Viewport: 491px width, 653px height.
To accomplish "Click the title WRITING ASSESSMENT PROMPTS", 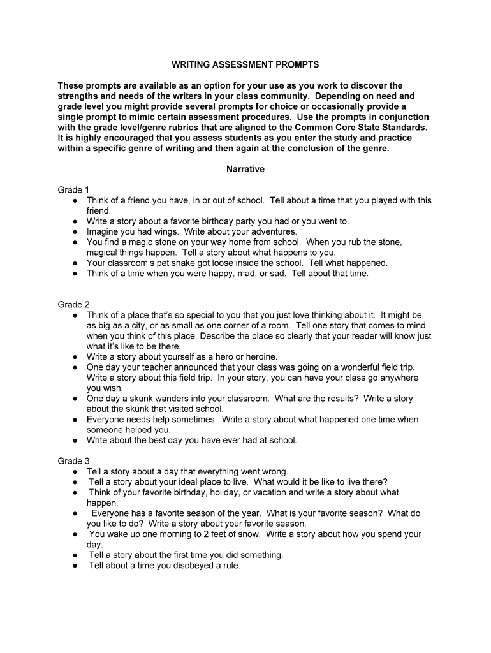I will (x=246, y=65).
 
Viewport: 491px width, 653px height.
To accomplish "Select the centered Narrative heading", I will (x=246, y=170).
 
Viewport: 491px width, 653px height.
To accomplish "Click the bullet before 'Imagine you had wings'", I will (x=75, y=232).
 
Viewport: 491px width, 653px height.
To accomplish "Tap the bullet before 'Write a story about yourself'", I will (x=75, y=357).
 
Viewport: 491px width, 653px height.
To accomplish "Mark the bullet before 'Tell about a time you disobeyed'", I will (x=75, y=566).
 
